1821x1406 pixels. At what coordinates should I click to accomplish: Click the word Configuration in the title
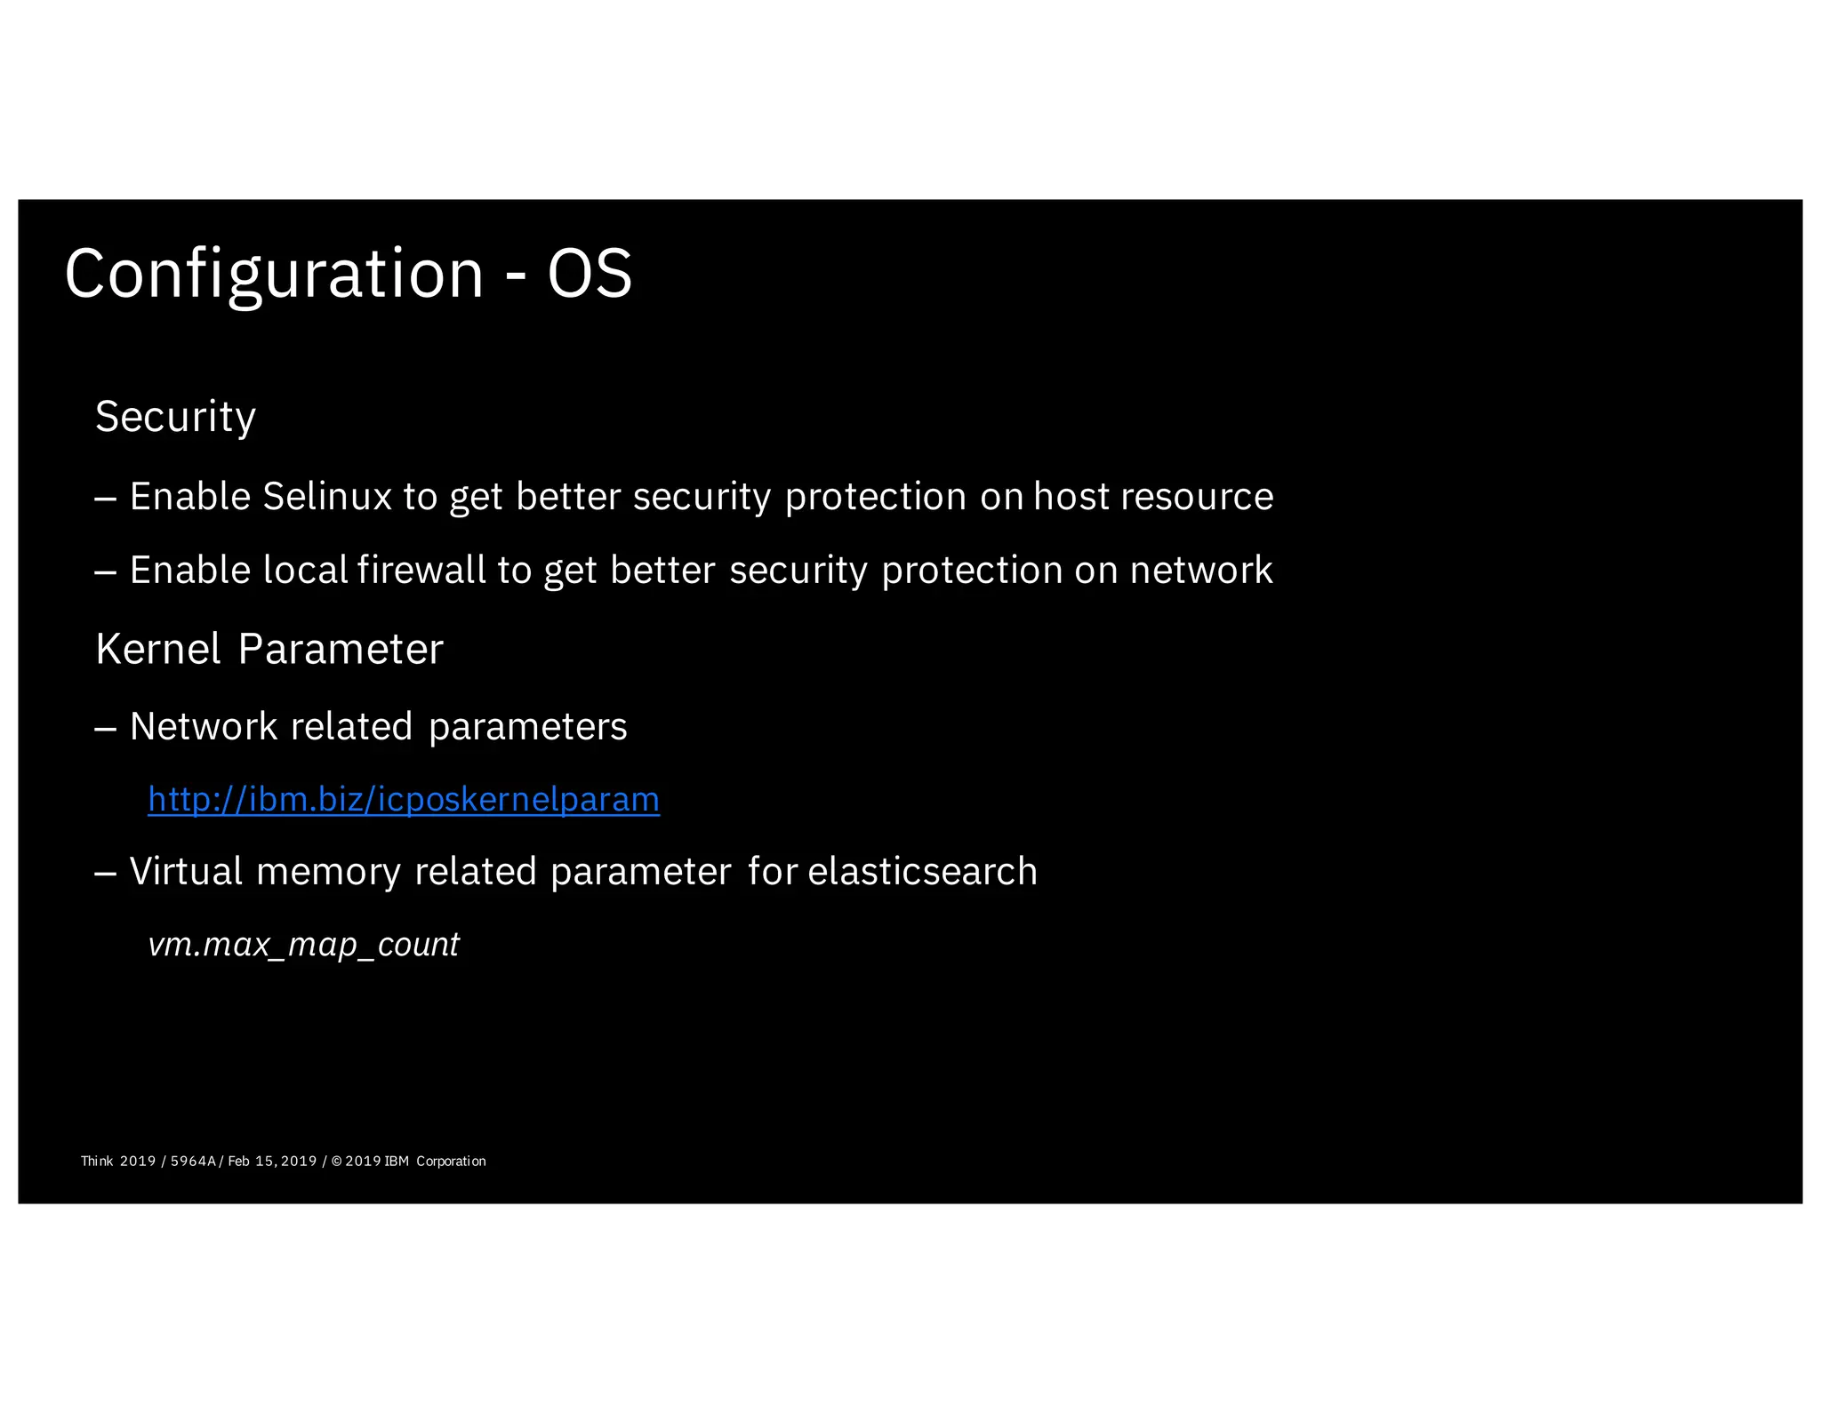pyautogui.click(x=274, y=274)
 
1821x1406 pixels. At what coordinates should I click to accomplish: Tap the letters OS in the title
pyautogui.click(x=590, y=274)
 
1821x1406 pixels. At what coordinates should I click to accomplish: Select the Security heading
pyautogui.click(x=175, y=417)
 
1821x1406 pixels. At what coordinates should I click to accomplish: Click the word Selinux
pyautogui.click(x=327, y=496)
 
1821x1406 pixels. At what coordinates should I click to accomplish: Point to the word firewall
pyautogui.click(x=421, y=570)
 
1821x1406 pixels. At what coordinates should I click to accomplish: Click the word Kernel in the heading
pyautogui.click(x=157, y=649)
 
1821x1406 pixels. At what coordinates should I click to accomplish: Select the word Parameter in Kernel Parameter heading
pyautogui.click(x=341, y=649)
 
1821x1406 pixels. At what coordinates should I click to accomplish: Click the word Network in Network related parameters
pyautogui.click(x=204, y=726)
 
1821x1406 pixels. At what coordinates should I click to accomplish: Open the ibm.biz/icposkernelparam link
pyautogui.click(x=404, y=799)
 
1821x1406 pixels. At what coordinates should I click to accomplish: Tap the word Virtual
pyautogui.click(x=186, y=871)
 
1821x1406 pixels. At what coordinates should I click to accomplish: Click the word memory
pyautogui.click(x=328, y=871)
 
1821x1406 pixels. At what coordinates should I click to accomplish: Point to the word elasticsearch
pyautogui.click(x=922, y=871)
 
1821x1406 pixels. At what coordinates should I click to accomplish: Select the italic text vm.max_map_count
pyautogui.click(x=303, y=944)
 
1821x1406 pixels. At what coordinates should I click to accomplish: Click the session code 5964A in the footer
pyautogui.click(x=193, y=1161)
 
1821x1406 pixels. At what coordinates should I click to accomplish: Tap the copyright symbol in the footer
pyautogui.click(x=336, y=1161)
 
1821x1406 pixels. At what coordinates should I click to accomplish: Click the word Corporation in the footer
pyautogui.click(x=451, y=1161)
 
